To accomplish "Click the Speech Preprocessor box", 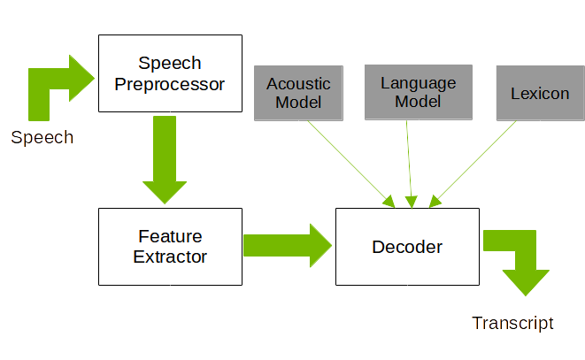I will coord(170,73).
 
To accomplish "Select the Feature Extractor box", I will coord(170,247).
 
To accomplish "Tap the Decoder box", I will coord(407,247).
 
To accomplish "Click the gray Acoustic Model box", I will coord(298,93).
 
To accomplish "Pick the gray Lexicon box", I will coord(540,93).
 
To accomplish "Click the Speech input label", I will coord(42,137).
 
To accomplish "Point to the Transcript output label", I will coord(512,323).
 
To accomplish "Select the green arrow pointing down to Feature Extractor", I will coord(165,159).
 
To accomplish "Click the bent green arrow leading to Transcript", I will coord(522,257).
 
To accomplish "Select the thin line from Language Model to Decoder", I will coord(409,159).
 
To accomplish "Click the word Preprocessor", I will coord(170,84).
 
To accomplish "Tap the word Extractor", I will coord(170,257).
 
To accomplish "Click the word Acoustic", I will coord(298,84).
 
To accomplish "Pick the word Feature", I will coord(170,237).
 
